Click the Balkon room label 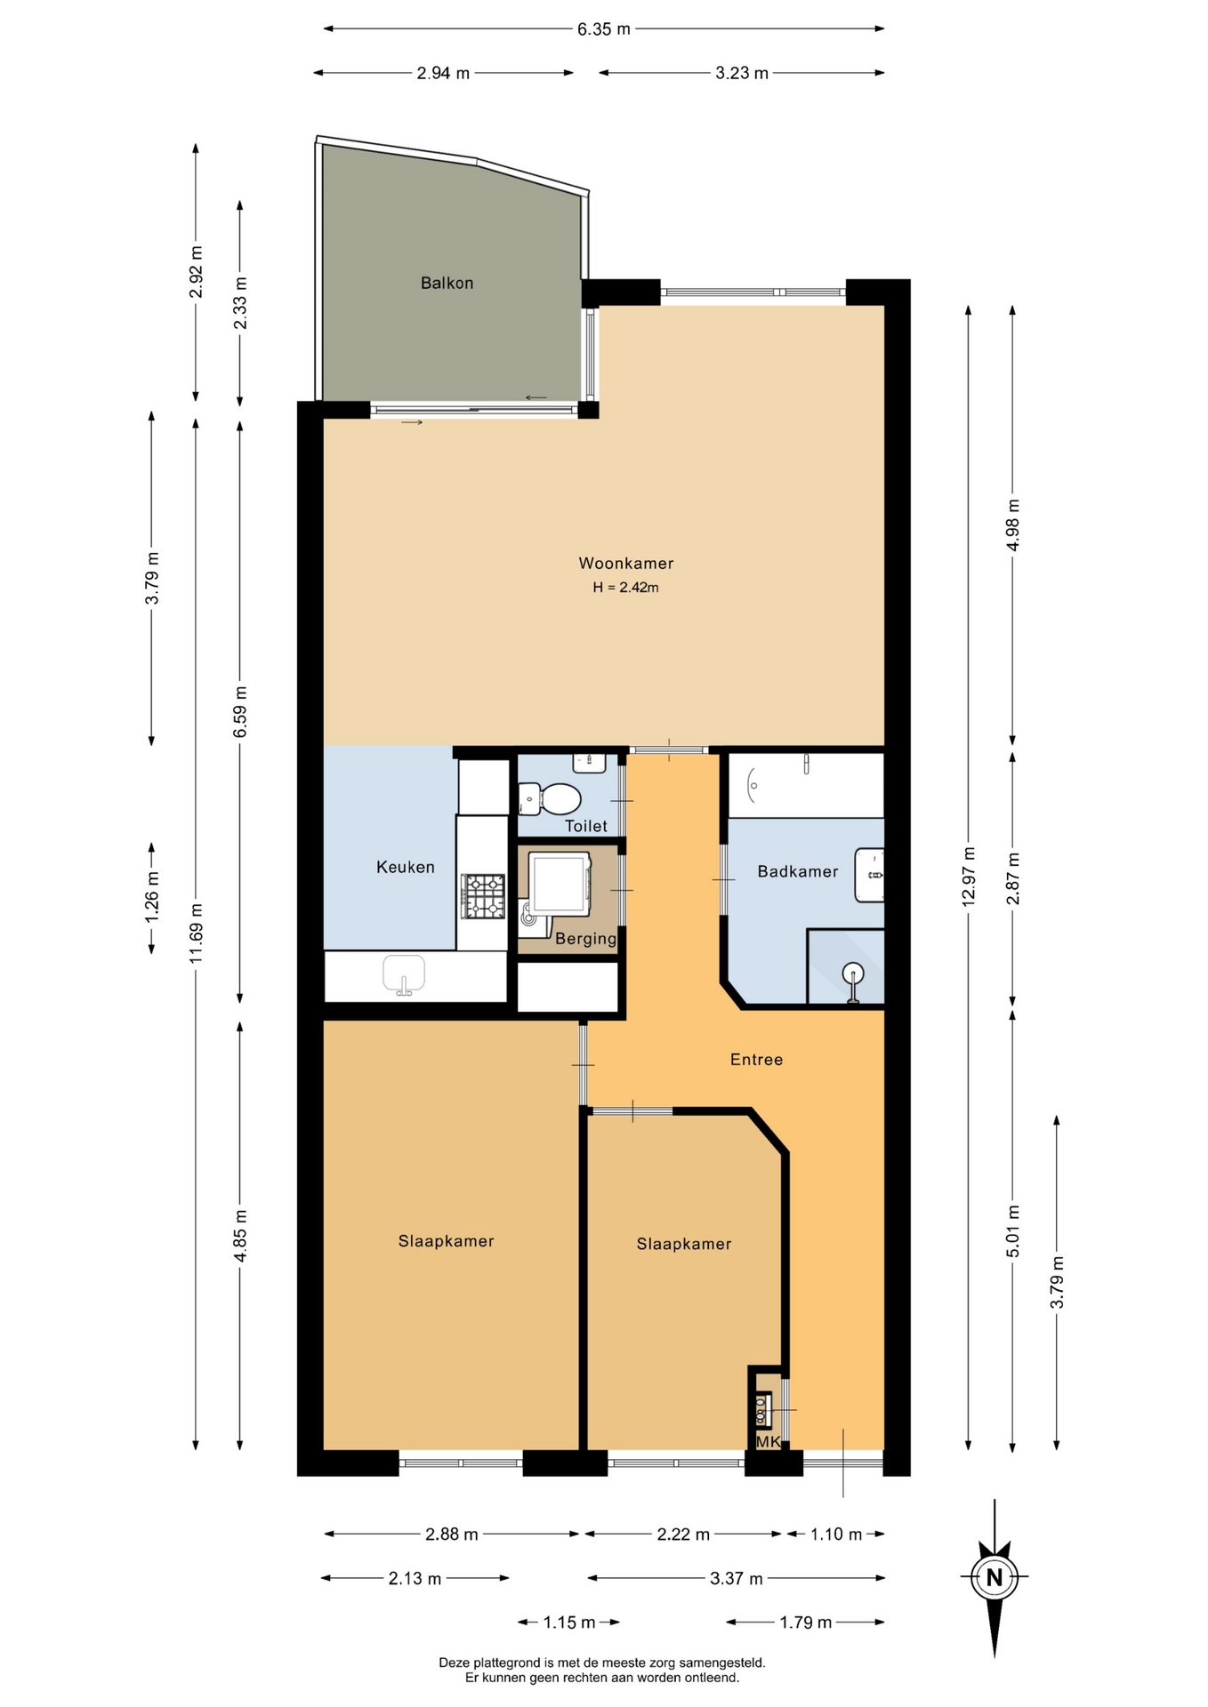[x=447, y=283]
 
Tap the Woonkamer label [x=626, y=563]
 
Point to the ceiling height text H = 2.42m [x=626, y=587]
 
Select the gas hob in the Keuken [x=483, y=896]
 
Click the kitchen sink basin [x=404, y=974]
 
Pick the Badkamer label [x=798, y=871]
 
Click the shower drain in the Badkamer [x=853, y=974]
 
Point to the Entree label [x=756, y=1059]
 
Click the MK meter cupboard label [x=768, y=1442]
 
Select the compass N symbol [x=995, y=1577]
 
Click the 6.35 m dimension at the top [x=604, y=29]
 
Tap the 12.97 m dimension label [x=969, y=877]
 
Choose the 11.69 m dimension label [x=197, y=933]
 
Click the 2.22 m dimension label [x=683, y=1534]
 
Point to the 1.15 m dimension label [x=569, y=1623]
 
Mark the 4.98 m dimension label [x=1013, y=525]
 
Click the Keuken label [x=406, y=867]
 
